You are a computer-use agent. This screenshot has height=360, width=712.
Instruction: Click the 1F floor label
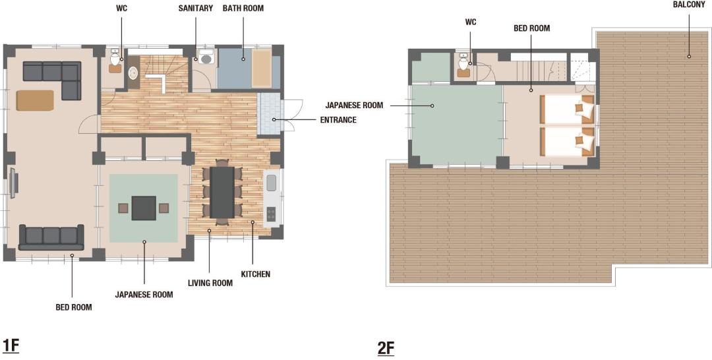click(11, 345)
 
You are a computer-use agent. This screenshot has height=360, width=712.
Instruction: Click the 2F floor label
click(386, 348)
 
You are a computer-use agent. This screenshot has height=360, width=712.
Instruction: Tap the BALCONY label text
click(689, 5)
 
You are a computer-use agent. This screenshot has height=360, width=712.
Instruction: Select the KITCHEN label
click(255, 274)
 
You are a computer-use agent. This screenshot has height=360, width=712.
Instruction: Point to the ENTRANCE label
click(338, 120)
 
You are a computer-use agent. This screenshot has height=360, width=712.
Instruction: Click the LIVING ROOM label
click(210, 284)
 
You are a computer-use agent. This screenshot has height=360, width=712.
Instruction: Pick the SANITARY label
click(195, 8)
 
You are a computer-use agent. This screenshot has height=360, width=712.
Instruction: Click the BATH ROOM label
click(243, 8)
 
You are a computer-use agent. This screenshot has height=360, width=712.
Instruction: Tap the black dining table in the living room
click(222, 192)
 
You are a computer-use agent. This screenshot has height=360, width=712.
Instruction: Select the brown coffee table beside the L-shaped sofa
click(35, 100)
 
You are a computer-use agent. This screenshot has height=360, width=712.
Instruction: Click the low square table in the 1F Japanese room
click(144, 208)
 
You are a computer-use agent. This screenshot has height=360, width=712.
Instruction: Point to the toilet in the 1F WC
click(115, 59)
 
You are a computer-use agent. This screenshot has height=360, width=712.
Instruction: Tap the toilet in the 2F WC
click(463, 63)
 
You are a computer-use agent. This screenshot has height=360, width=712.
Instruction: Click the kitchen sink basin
click(271, 183)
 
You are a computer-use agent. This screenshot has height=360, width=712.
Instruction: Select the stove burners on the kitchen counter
click(271, 214)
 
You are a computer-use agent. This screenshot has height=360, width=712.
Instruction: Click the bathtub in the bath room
click(262, 68)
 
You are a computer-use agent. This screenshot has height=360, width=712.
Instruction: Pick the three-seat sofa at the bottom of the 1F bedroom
click(51, 237)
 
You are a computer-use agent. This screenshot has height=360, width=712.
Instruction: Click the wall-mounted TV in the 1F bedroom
click(14, 183)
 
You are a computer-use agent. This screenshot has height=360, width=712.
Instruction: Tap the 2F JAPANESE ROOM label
click(354, 105)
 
